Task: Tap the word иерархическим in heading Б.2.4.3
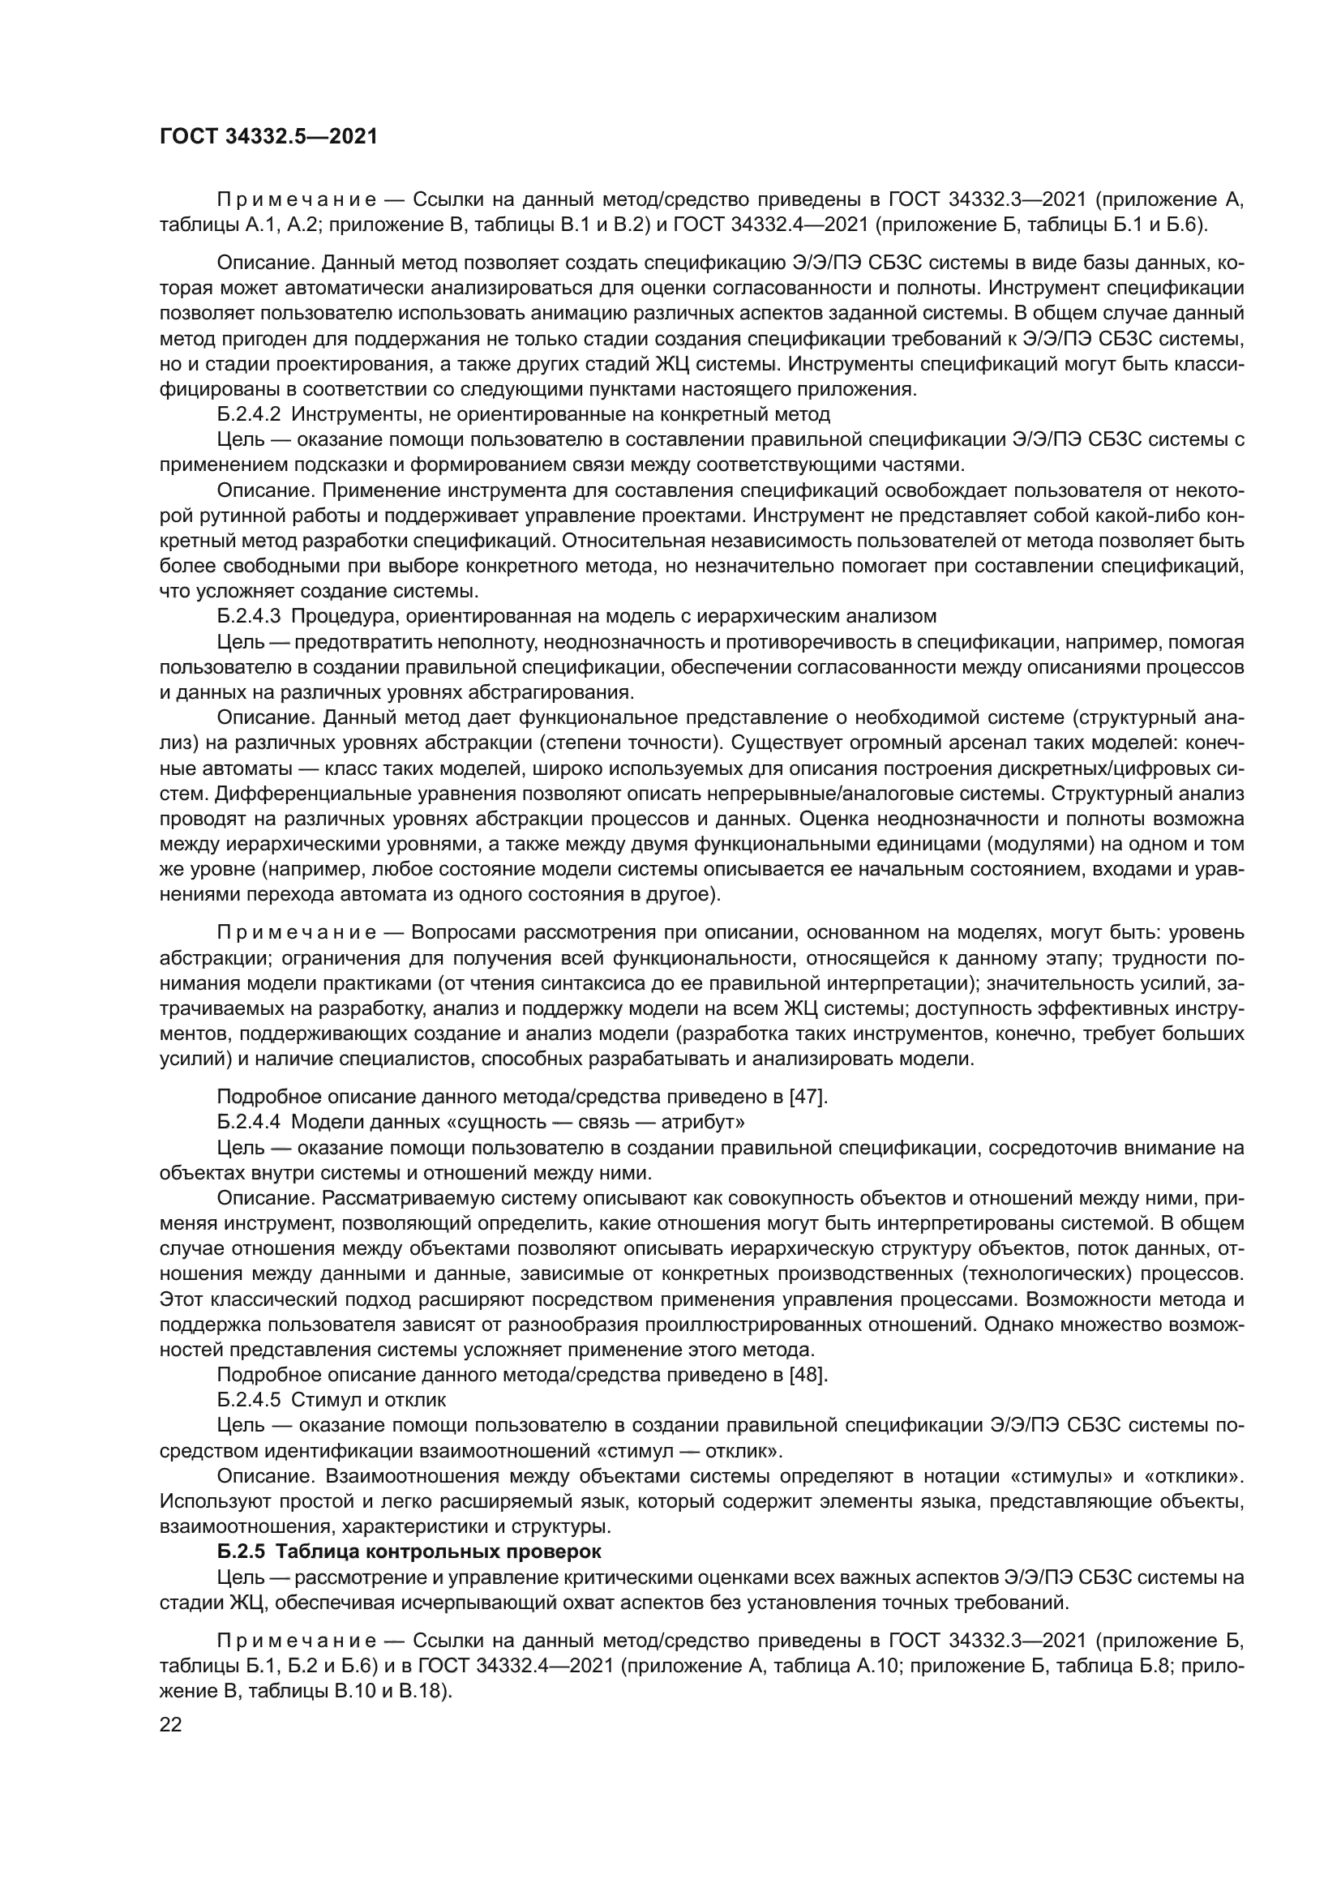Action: tap(787, 616)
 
